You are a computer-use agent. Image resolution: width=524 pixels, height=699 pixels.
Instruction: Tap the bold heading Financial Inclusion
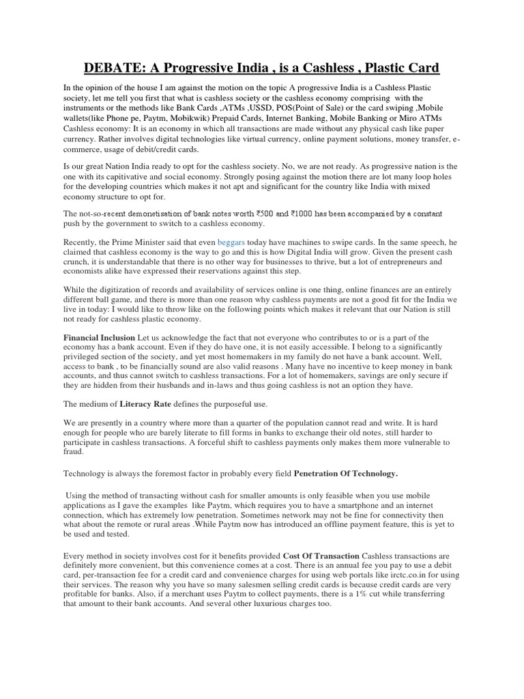pyautogui.click(x=99, y=337)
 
